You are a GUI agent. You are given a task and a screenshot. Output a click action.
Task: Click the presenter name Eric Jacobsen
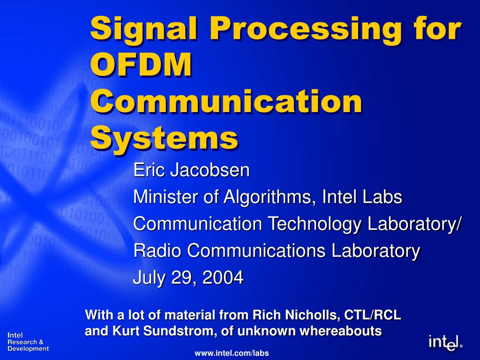point(191,170)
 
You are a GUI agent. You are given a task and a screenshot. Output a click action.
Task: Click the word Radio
point(157,251)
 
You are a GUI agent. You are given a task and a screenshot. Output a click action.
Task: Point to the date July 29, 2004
point(188,278)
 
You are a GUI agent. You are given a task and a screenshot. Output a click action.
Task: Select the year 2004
point(223,278)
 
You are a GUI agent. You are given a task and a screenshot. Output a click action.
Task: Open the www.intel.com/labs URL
point(232,353)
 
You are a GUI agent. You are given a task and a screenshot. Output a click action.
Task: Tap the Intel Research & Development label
point(28,342)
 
